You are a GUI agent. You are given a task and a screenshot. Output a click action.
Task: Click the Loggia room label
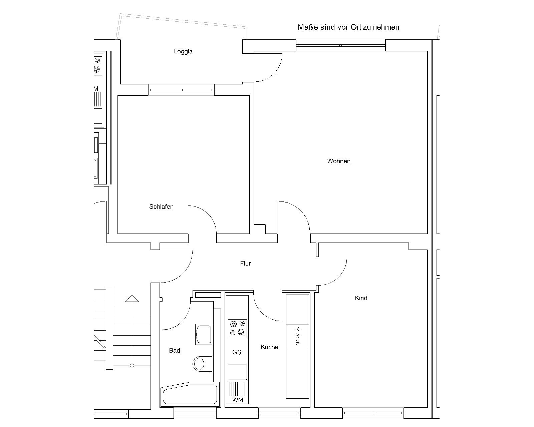(x=183, y=52)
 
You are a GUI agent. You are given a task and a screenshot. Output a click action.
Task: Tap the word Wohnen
(x=339, y=161)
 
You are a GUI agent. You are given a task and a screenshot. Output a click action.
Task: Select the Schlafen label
(x=161, y=207)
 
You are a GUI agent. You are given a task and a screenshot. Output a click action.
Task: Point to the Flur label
(x=245, y=263)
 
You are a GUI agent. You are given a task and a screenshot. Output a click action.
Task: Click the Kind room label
(x=361, y=298)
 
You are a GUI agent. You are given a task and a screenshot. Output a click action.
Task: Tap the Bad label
(x=175, y=350)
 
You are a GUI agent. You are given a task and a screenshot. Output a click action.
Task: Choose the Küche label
(x=269, y=347)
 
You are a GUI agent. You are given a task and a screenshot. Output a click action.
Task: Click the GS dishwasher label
(x=237, y=352)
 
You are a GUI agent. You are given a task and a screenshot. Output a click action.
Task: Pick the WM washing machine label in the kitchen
(x=238, y=400)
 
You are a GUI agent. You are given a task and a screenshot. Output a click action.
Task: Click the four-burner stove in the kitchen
(x=237, y=329)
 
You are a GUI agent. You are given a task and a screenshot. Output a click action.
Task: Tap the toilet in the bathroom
(x=203, y=364)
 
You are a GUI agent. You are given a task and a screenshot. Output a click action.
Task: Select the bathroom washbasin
(x=204, y=334)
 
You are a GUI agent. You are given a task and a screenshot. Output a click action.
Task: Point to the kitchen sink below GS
(x=238, y=372)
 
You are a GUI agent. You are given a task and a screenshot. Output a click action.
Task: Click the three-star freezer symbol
(x=297, y=336)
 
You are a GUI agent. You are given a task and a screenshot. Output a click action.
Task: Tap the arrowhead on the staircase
(x=132, y=299)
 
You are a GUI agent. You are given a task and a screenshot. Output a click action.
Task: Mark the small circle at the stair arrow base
(x=132, y=366)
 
